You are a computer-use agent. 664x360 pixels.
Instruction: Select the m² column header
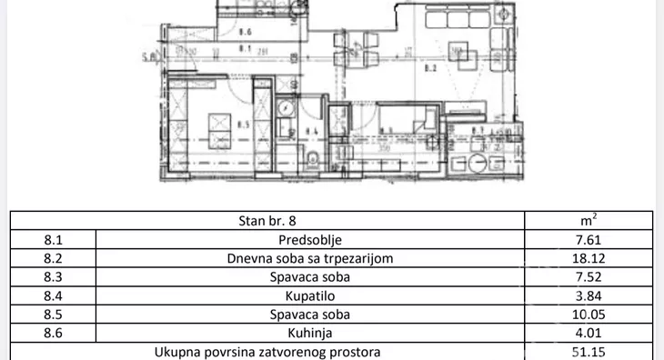(589, 221)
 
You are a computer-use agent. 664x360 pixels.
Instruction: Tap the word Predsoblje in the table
(309, 240)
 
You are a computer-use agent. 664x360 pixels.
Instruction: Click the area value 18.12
(589, 258)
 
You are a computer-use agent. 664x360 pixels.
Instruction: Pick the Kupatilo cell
(309, 295)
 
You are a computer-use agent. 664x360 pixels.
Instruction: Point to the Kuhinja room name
(309, 333)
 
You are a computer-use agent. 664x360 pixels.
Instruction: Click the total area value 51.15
(589, 351)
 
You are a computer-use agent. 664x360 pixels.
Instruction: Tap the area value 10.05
(589, 315)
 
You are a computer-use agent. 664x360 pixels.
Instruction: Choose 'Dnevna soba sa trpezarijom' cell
(309, 258)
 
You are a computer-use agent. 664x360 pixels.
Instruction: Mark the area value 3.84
(589, 295)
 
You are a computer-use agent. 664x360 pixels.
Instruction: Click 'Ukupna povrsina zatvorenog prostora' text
(267, 351)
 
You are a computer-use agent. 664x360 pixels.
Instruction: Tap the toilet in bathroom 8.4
(313, 162)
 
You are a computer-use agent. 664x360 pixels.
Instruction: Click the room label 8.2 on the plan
(431, 67)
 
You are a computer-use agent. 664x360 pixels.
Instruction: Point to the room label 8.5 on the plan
(242, 125)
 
